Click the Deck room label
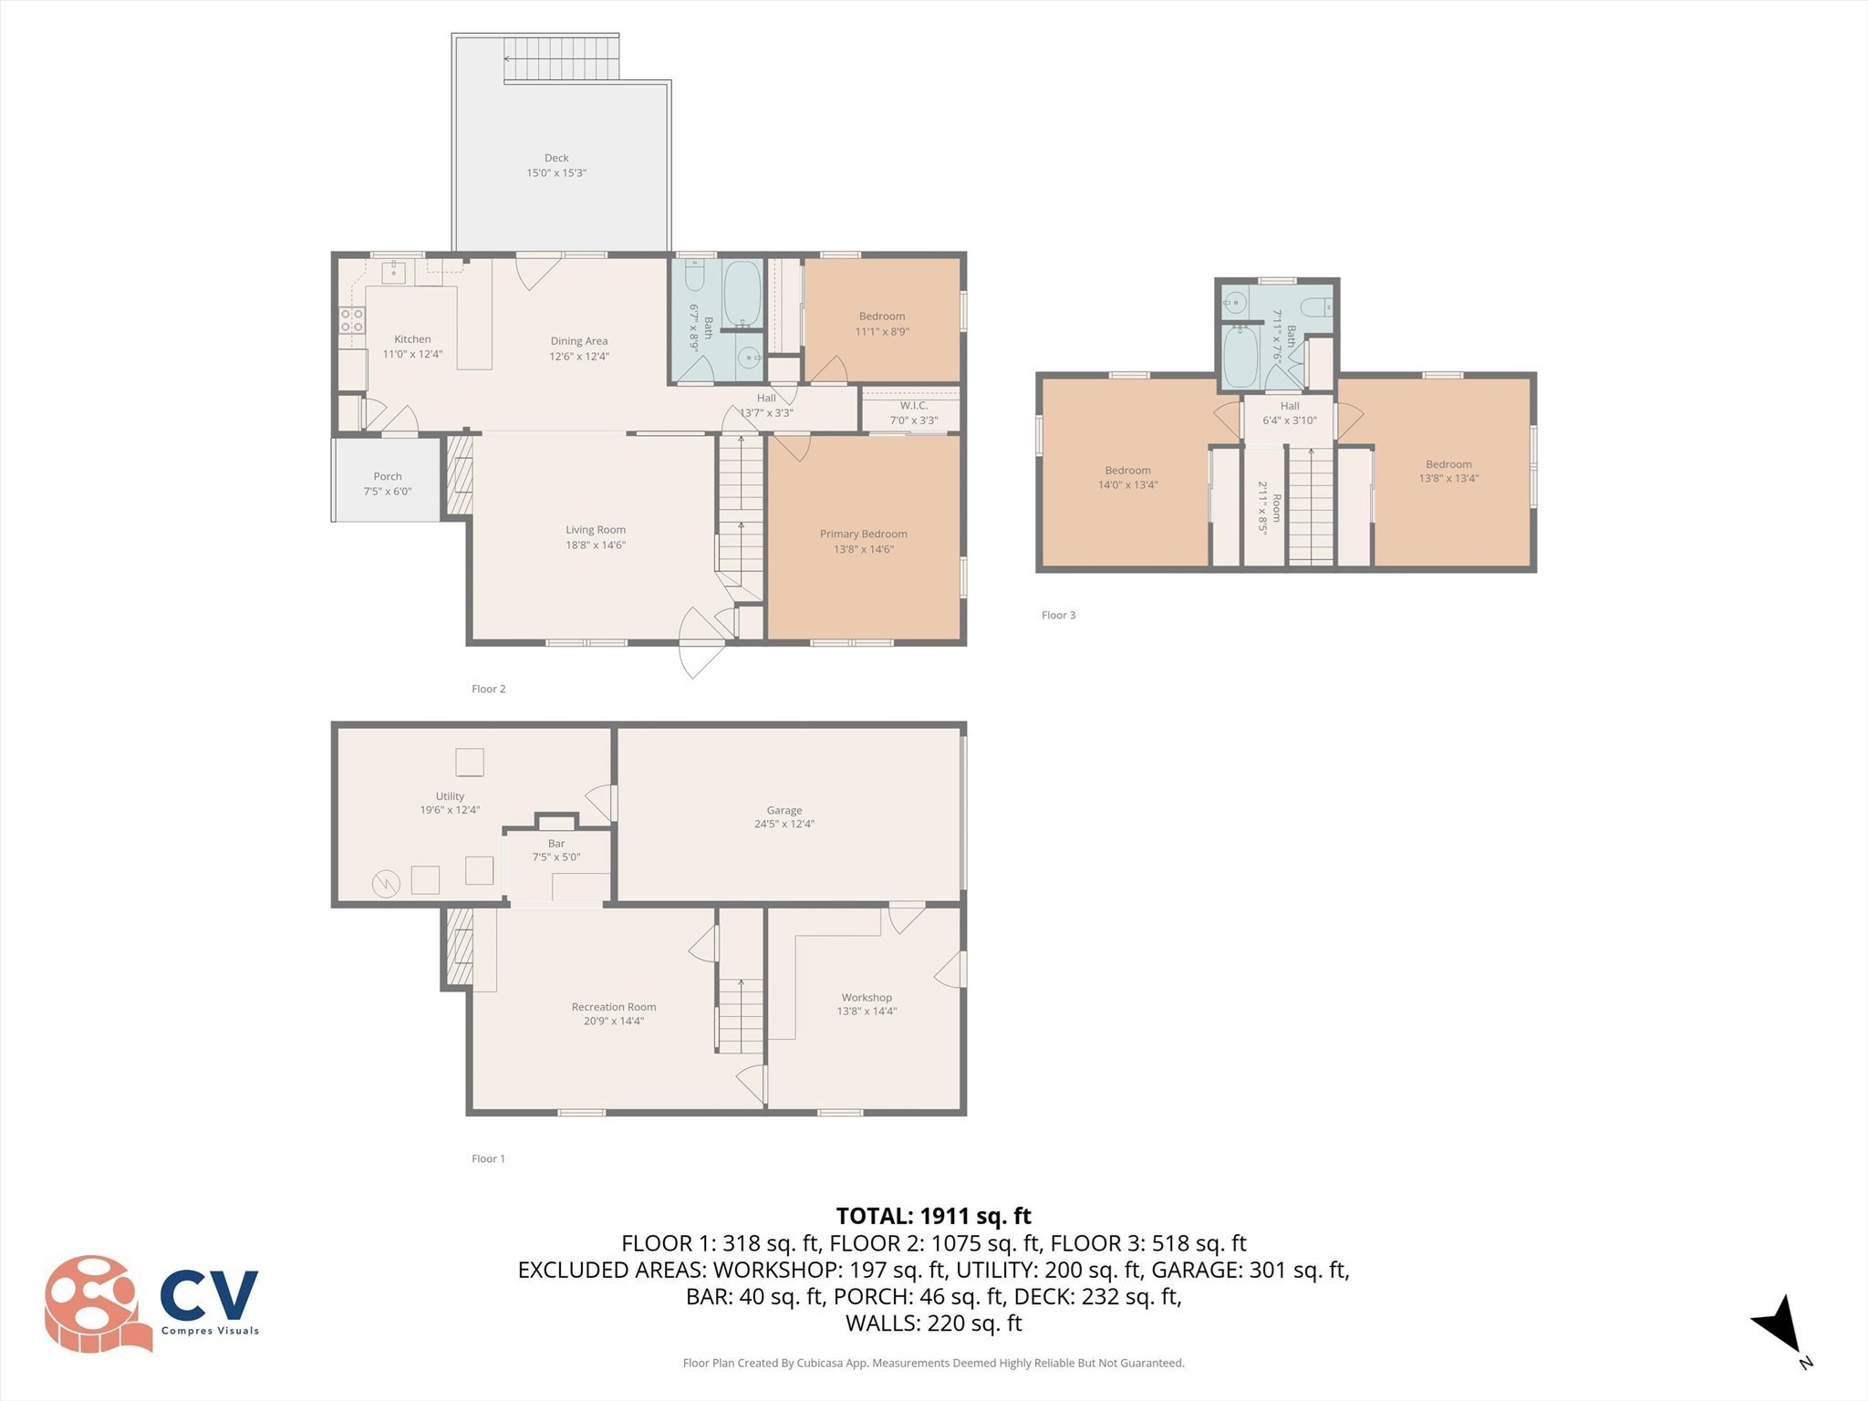(x=556, y=158)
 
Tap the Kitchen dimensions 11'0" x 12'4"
(x=412, y=354)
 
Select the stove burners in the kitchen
(x=352, y=319)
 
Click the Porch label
(x=388, y=476)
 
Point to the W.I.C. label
(x=913, y=405)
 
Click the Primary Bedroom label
(x=863, y=534)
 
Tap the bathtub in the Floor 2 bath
(x=742, y=294)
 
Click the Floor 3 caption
(x=1058, y=615)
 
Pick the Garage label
(x=784, y=810)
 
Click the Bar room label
(x=556, y=843)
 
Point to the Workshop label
(x=867, y=997)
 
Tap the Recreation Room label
(x=614, y=1007)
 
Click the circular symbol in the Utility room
(x=386, y=883)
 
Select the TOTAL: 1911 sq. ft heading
(x=933, y=1216)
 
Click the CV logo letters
(x=209, y=1293)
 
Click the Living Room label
(x=596, y=529)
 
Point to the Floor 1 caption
(x=488, y=1158)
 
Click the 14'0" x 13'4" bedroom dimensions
(x=1127, y=485)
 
